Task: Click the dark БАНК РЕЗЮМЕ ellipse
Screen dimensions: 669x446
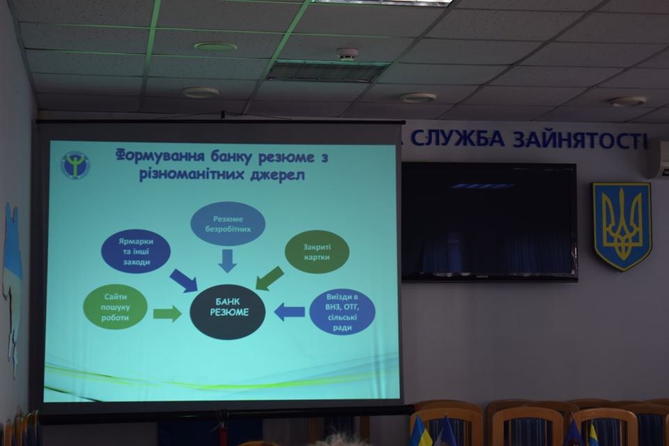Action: coord(227,312)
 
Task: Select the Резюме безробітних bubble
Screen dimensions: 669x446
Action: coord(227,224)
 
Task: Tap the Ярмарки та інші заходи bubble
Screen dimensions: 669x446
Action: coord(136,252)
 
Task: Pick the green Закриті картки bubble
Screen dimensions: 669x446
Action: coord(316,252)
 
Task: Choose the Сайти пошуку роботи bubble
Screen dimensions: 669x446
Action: coord(115,307)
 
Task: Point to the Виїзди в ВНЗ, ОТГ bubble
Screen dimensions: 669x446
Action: coord(342,312)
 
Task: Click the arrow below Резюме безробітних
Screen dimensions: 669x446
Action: coord(227,261)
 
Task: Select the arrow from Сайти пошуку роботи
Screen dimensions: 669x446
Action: coord(167,314)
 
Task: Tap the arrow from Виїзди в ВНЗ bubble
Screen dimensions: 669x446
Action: coord(289,312)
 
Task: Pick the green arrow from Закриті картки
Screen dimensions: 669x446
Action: coord(269,278)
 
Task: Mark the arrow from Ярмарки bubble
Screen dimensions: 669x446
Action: coord(184,281)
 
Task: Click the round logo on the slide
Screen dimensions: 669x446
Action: coord(75,164)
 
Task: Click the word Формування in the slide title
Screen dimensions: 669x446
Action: coord(159,155)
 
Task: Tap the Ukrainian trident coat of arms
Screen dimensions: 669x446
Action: coord(621,225)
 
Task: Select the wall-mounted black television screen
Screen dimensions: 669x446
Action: coord(489,222)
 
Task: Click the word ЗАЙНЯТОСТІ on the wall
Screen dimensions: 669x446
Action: coord(580,139)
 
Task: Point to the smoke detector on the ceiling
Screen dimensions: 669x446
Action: coord(346,54)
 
